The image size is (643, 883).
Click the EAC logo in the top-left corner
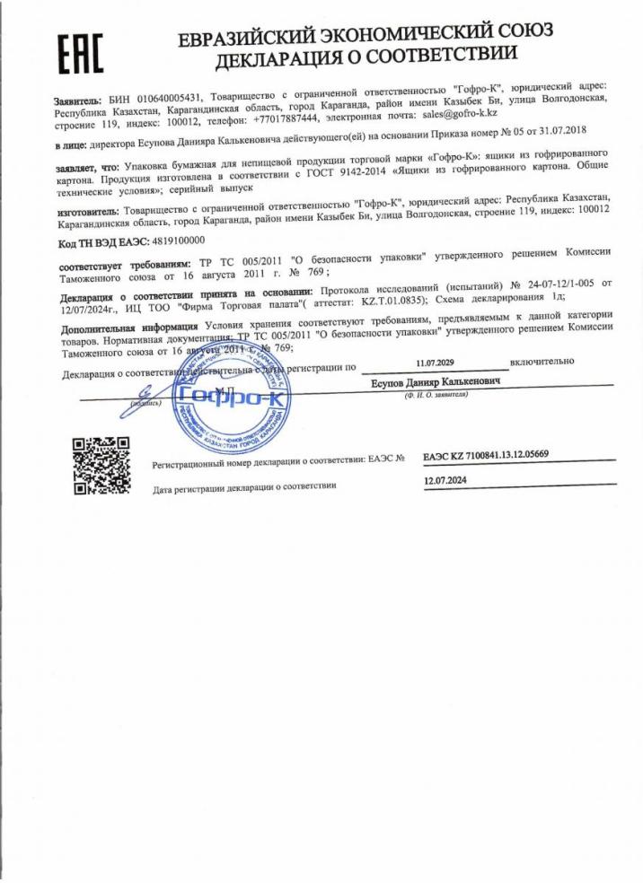81,53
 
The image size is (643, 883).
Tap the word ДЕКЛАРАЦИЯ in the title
285,60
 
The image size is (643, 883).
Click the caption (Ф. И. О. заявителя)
436,395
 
